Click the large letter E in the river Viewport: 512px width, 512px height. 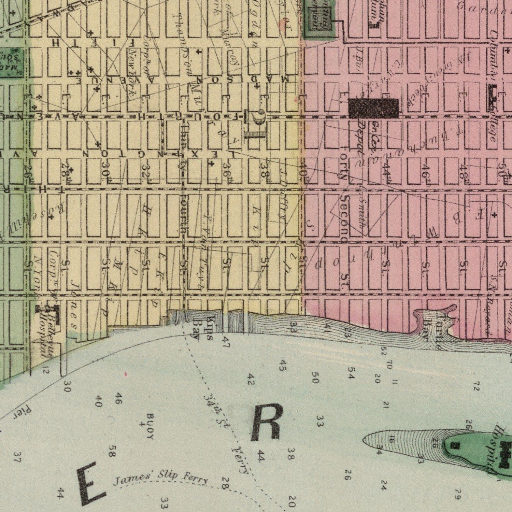point(89,483)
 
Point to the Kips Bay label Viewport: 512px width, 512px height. point(203,328)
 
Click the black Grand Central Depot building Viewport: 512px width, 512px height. point(374,108)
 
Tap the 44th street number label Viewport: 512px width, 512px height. point(387,169)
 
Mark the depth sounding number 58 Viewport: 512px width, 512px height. point(113,451)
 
